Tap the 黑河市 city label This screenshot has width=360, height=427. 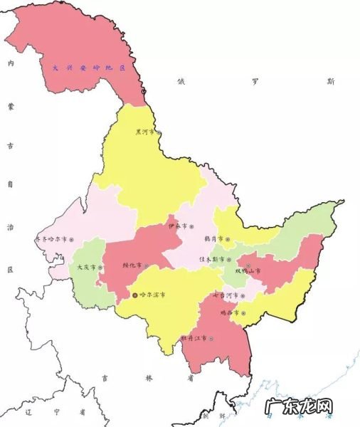click(144, 132)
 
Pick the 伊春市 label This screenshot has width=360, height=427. click(176, 226)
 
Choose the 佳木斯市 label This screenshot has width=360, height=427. click(211, 259)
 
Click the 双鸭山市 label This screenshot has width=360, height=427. click(247, 271)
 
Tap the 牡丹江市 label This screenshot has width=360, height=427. click(194, 338)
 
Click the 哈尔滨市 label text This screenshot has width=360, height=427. click(151, 293)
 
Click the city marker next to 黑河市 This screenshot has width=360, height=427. click(159, 132)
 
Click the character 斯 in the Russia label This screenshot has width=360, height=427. click(331, 82)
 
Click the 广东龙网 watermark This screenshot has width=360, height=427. click(300, 408)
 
